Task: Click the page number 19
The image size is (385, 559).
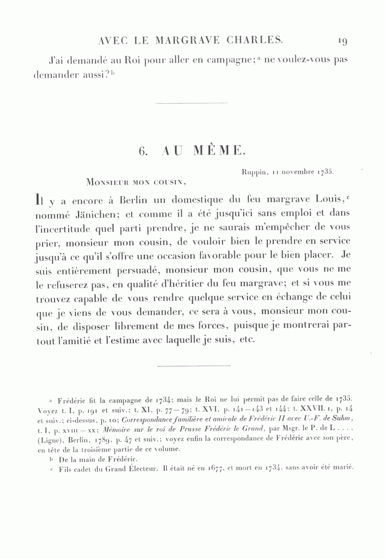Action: [342, 41]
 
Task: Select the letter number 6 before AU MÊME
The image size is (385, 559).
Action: [142, 151]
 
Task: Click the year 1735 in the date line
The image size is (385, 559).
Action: [325, 172]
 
